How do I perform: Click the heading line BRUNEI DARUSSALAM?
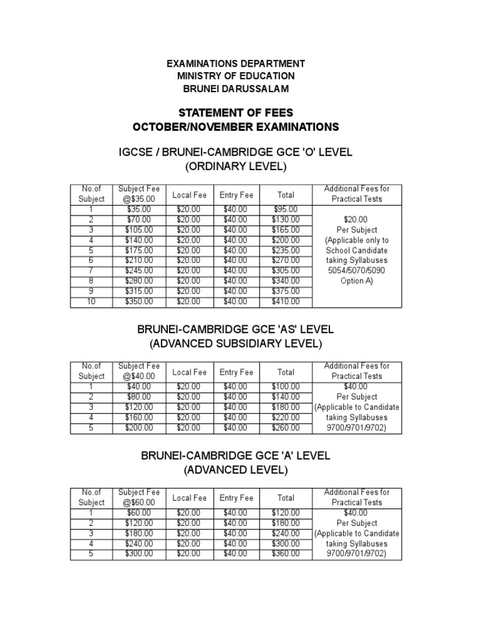[x=235, y=88]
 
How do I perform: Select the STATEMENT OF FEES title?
[x=235, y=113]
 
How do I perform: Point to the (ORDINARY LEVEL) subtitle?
[x=235, y=166]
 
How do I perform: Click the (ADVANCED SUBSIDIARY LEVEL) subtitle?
[x=235, y=344]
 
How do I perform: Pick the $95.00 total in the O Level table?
[x=286, y=210]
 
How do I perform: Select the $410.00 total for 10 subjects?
[x=286, y=302]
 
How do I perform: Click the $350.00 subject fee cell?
[x=138, y=302]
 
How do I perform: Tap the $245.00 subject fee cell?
[x=138, y=271]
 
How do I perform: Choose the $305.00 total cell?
[x=286, y=271]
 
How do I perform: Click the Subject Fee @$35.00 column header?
[x=138, y=194]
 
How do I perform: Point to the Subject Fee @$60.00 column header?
[x=138, y=497]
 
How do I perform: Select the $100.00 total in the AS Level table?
[x=286, y=387]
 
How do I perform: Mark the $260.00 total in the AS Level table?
[x=286, y=428]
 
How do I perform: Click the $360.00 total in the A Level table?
[x=286, y=554]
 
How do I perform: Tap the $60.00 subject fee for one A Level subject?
[x=138, y=513]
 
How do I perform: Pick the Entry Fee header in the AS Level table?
[x=236, y=372]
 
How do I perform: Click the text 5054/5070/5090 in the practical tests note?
[x=357, y=270]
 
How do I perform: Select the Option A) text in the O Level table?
[x=357, y=281]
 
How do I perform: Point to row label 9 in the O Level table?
[x=91, y=291]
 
